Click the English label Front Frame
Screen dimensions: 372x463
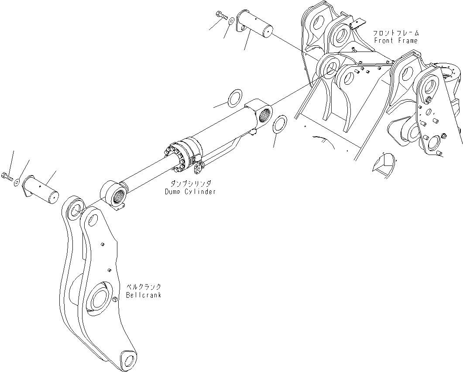click(396, 41)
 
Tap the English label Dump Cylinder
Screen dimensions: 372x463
click(190, 192)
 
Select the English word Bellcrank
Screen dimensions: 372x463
click(144, 295)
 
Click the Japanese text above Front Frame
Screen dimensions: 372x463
click(396, 33)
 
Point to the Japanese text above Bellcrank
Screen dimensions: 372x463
click(144, 287)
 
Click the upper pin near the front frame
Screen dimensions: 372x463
click(255, 25)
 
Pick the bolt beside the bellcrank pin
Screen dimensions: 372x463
click(8, 176)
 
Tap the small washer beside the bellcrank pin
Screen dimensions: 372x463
click(17, 182)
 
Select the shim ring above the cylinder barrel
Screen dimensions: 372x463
click(236, 97)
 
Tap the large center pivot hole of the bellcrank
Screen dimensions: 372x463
click(101, 300)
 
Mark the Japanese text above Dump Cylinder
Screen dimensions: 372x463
click(190, 184)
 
